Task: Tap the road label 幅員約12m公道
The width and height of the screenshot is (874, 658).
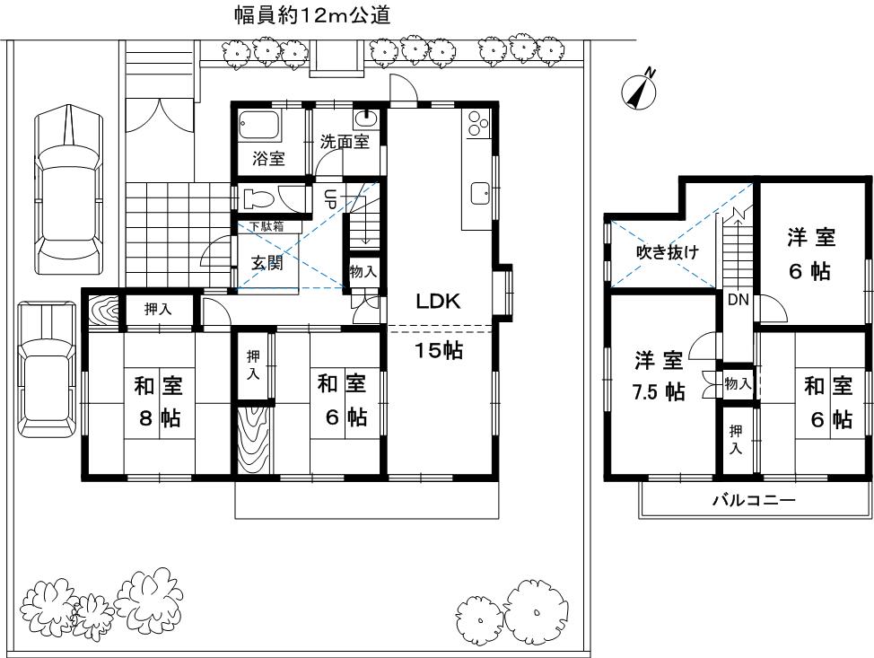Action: pyautogui.click(x=311, y=15)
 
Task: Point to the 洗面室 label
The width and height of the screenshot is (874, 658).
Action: pyautogui.click(x=345, y=143)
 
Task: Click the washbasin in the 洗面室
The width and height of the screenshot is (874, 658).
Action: pyautogui.click(x=365, y=118)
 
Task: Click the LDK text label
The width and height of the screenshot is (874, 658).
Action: pyautogui.click(x=438, y=303)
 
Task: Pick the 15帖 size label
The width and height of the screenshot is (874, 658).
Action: pyautogui.click(x=438, y=351)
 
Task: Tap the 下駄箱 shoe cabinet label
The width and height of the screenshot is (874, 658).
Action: pyautogui.click(x=267, y=226)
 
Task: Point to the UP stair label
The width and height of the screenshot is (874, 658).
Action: pyautogui.click(x=328, y=199)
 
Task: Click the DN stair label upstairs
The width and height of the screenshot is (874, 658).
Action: pyautogui.click(x=739, y=300)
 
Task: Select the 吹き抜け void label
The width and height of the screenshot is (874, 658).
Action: pyautogui.click(x=667, y=252)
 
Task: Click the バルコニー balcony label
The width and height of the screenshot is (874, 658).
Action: pyautogui.click(x=754, y=500)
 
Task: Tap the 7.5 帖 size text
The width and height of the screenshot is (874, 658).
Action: pyautogui.click(x=660, y=392)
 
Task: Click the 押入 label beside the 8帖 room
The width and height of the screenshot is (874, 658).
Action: pyautogui.click(x=159, y=310)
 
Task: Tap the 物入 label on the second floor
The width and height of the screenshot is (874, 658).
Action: pyautogui.click(x=738, y=383)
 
